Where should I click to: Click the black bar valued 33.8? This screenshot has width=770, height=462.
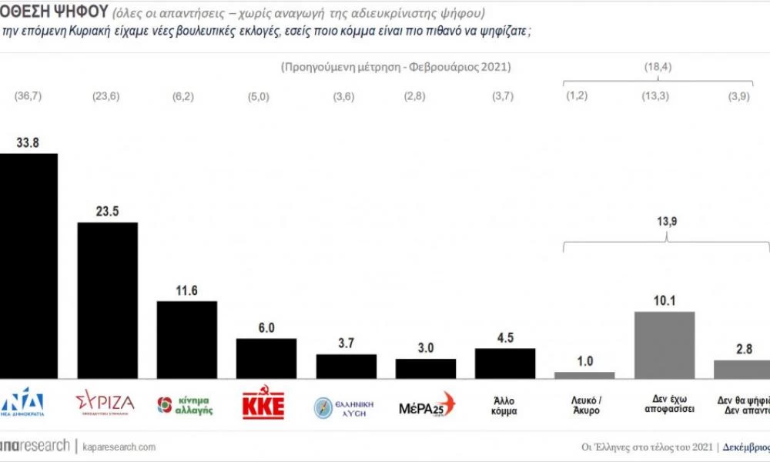click(28, 266)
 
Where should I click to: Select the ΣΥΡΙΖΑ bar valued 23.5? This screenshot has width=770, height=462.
click(107, 300)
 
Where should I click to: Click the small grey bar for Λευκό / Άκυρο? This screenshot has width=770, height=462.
click(584, 374)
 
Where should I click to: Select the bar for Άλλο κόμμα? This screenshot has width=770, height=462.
click(504, 363)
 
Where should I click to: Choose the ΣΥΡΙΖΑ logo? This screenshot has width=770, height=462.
click(105, 403)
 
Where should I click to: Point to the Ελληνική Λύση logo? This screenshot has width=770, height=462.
click(344, 406)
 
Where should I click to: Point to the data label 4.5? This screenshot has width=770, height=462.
click(504, 336)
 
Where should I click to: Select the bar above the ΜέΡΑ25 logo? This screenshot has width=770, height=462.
click(425, 368)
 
